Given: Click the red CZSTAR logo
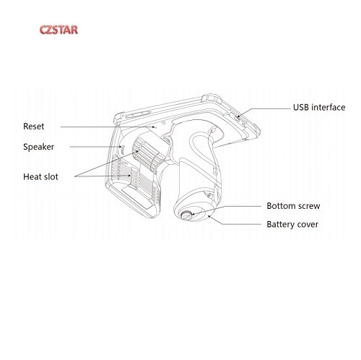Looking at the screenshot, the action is (x=58, y=30).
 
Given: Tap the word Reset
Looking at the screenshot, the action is (x=34, y=127).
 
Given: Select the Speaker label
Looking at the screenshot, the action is (x=38, y=147).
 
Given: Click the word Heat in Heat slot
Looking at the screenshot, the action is (x=32, y=176).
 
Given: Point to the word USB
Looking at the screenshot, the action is (x=301, y=107).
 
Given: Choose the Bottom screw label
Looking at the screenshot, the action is (x=293, y=206).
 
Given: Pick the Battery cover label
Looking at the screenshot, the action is (x=292, y=224).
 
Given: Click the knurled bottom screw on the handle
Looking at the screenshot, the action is (x=186, y=215).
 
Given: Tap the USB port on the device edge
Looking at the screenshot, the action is (x=238, y=119).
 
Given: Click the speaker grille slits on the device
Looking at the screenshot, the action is (x=122, y=150).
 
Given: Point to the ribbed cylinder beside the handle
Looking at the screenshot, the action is (x=149, y=154).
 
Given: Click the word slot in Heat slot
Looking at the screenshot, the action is (x=51, y=176).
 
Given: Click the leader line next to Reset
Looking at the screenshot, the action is (x=108, y=127).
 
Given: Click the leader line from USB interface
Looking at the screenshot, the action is (x=264, y=111).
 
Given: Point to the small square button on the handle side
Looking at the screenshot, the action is (x=215, y=171).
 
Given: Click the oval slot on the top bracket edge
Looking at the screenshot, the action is (x=138, y=114).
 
